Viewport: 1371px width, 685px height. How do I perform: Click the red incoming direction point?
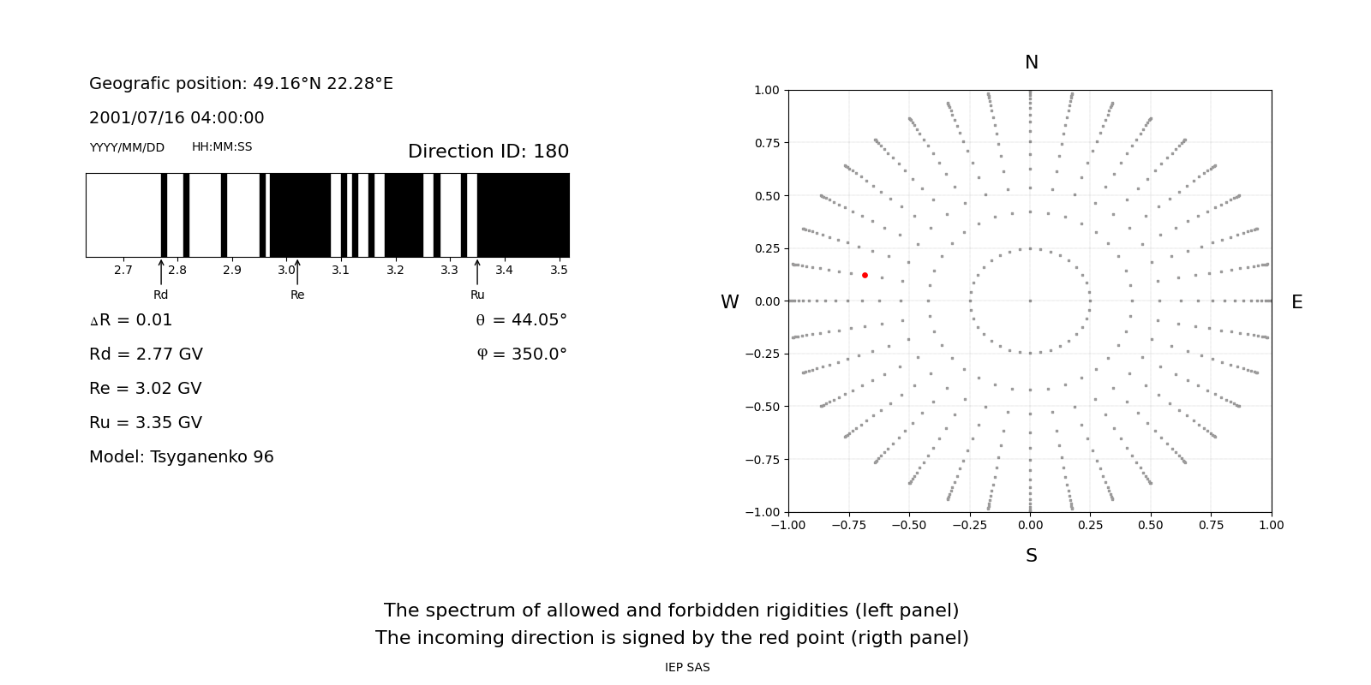865,275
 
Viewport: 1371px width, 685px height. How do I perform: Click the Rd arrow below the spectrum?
161,272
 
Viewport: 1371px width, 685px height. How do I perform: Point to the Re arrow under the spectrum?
297,272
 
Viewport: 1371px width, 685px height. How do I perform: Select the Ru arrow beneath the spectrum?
477,272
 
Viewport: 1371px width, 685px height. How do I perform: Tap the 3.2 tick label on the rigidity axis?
395,271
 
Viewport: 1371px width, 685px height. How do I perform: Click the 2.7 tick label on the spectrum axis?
123,271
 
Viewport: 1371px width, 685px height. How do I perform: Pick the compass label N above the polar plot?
1031,63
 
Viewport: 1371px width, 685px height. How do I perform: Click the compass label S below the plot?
1031,556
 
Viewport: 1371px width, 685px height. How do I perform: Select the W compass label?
729,302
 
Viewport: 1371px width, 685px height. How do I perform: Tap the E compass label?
1296,302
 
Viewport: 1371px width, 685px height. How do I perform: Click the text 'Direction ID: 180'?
488,152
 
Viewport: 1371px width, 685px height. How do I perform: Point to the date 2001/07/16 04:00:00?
177,118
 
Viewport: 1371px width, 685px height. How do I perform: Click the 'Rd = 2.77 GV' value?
146,354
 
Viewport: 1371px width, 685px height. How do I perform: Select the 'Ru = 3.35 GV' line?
146,423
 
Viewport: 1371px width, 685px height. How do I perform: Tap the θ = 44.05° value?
521,320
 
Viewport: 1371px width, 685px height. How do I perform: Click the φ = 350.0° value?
522,354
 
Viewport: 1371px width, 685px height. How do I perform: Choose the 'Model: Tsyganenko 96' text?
182,457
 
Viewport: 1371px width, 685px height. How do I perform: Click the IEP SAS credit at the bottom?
687,668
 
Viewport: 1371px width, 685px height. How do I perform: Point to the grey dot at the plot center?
1030,301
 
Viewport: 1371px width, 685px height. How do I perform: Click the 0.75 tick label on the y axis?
766,143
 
